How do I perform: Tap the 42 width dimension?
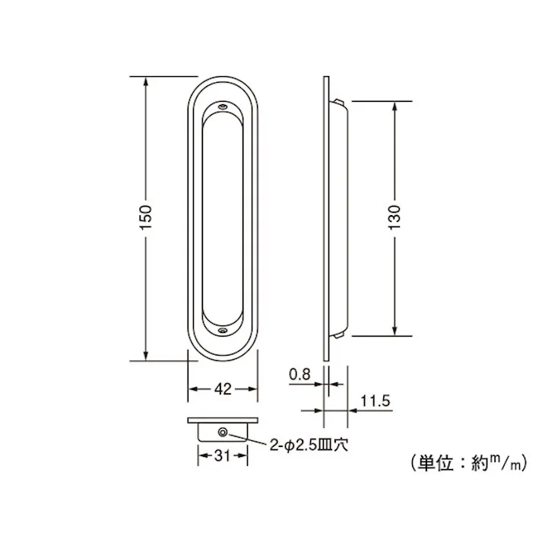click(222, 389)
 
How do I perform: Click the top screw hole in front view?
click(222, 108)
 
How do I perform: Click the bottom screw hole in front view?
click(222, 331)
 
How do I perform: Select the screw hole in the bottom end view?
click(222, 433)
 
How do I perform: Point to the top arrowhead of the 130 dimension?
click(395, 106)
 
